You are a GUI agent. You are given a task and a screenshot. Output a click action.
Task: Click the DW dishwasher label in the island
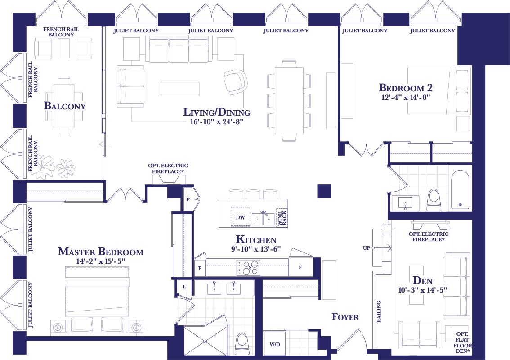click(240, 217)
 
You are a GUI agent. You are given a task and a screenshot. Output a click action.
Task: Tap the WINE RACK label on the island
click(282, 218)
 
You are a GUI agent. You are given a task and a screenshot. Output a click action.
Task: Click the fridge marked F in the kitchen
click(301, 267)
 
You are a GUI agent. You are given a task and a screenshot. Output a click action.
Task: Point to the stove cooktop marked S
click(249, 268)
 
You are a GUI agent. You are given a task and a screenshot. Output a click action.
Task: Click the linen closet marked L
click(184, 287)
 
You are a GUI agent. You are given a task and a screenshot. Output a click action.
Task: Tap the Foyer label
click(345, 317)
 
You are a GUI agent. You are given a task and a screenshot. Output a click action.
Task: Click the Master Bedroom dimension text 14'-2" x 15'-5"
click(100, 261)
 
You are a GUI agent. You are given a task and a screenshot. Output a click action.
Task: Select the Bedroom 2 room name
click(406, 88)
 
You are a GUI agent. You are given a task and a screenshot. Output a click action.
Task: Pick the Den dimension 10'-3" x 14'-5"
click(422, 289)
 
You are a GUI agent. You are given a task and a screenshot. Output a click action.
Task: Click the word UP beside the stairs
click(366, 248)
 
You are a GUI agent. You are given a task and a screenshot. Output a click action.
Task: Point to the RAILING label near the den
click(379, 311)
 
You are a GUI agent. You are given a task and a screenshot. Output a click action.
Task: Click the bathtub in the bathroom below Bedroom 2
click(460, 189)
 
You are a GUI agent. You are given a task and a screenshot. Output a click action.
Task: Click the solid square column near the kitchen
click(324, 191)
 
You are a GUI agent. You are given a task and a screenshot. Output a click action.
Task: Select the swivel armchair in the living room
click(235, 82)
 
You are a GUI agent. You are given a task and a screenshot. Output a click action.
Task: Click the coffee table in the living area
click(180, 89)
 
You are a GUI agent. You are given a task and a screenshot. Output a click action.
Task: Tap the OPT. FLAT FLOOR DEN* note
click(462, 342)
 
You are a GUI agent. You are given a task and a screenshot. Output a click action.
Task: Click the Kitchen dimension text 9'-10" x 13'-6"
click(255, 249)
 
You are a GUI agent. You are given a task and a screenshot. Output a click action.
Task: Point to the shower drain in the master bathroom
click(205, 341)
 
